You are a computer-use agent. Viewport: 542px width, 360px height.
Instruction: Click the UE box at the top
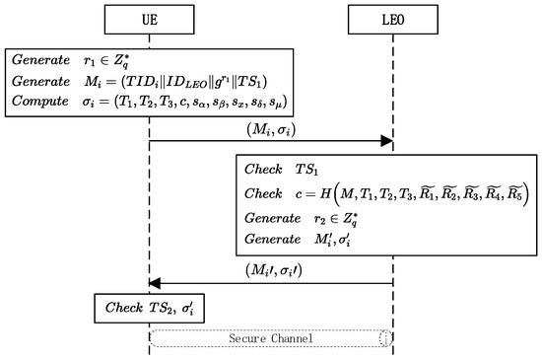(149, 19)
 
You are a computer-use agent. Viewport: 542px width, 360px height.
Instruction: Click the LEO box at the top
(393, 19)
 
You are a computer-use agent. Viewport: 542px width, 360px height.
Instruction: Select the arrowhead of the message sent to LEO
(385, 142)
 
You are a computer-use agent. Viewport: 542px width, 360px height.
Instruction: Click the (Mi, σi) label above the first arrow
(270, 130)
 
